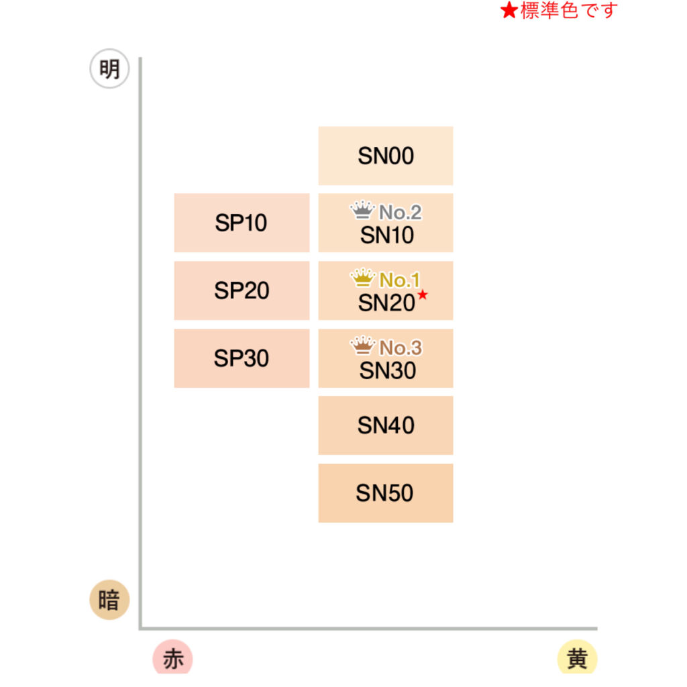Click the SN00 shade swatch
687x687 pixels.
pyautogui.click(x=386, y=156)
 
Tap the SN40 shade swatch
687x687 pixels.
pyautogui.click(x=386, y=425)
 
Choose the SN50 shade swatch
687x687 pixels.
pyautogui.click(x=386, y=493)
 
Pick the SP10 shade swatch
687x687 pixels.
pyautogui.click(x=242, y=223)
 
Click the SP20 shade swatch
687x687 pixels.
pyautogui.click(x=242, y=290)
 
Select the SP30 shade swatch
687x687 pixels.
pyautogui.click(x=242, y=358)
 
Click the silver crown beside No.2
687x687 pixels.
pyautogui.click(x=362, y=211)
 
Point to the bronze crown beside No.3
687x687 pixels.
pyautogui.click(x=363, y=346)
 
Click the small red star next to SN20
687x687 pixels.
pyautogui.click(x=422, y=295)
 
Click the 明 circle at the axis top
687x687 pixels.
pyautogui.click(x=109, y=69)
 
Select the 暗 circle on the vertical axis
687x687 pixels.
pyautogui.click(x=109, y=600)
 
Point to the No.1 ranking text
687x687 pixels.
pyautogui.click(x=400, y=280)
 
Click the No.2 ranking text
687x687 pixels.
pyautogui.click(x=400, y=213)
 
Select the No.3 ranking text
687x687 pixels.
pyautogui.click(x=400, y=348)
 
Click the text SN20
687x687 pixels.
pyautogui.click(x=386, y=303)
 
